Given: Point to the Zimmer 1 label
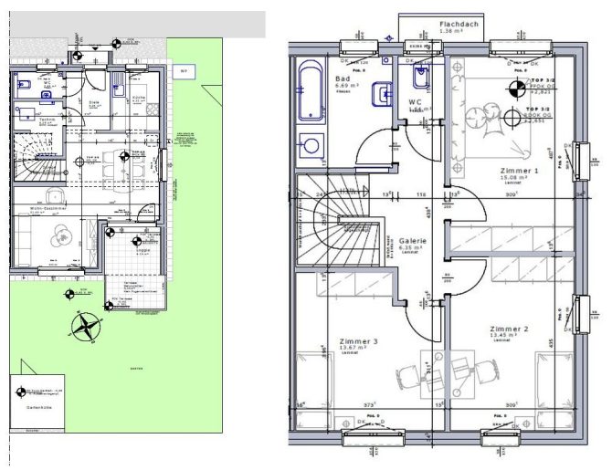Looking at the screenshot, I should [520, 171].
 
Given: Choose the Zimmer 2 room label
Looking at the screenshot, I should [509, 328].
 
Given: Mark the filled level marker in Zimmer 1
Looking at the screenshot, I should [515, 88].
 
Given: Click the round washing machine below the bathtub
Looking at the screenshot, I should [311, 145].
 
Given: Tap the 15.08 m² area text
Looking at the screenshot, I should [518, 179].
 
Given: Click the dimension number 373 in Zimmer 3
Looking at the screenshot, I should [371, 404].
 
